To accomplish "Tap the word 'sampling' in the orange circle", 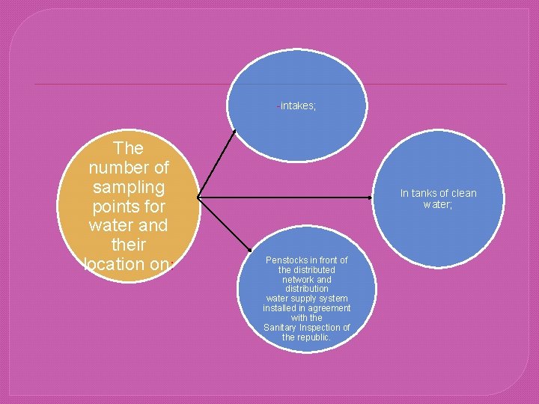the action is click(130, 186).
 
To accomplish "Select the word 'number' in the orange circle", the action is click(130, 167).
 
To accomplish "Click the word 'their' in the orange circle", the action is click(130, 245).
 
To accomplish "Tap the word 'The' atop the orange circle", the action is click(130, 147).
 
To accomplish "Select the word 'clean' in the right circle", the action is click(463, 193).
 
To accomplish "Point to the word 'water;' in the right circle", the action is click(438, 204).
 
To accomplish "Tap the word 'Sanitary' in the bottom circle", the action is click(281, 328).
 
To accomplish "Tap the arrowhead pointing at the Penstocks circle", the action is click(249, 251).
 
